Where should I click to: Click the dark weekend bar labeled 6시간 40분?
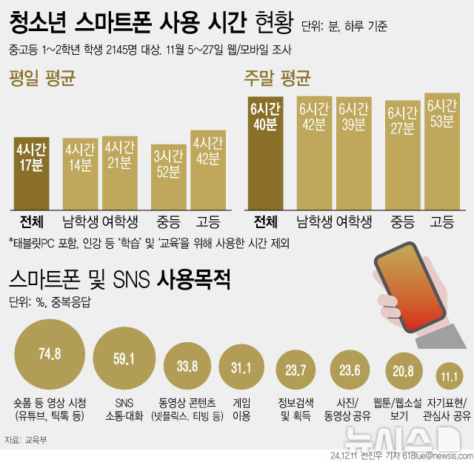tap(264, 152)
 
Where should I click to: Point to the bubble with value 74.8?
tap(49, 353)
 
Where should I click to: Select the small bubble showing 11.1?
tap(447, 375)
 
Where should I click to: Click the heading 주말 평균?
tap(278, 77)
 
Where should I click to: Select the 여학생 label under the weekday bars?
tap(119, 221)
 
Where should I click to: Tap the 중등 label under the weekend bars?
tap(401, 221)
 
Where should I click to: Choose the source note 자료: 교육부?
tap(24, 440)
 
